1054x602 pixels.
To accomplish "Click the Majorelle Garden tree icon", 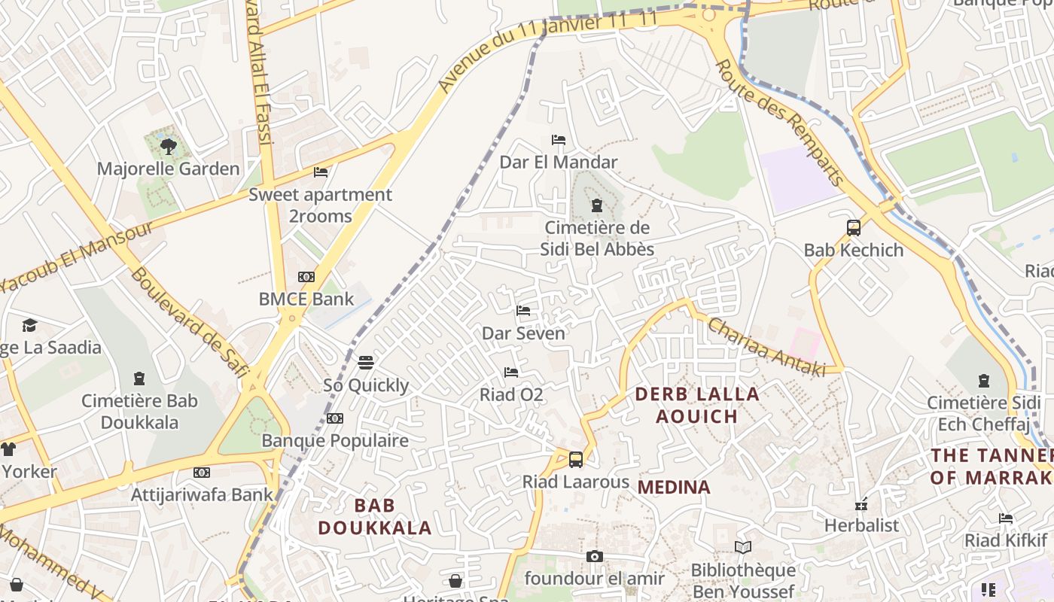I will pos(169,146).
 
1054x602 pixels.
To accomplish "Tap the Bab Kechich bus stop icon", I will pos(853,227).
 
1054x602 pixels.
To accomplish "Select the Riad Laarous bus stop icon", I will pos(576,459).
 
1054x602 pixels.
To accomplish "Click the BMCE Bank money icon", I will pos(306,277).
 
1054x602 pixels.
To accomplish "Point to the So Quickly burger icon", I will pos(366,363).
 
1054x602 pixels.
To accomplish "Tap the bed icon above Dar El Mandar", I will pos(559,140).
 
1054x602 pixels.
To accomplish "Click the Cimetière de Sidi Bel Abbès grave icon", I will pos(597,205).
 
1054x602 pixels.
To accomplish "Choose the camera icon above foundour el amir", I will pos(595,556).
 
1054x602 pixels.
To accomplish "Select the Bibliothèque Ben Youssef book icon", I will pos(743,548).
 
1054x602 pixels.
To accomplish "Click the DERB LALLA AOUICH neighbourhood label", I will pos(697,405).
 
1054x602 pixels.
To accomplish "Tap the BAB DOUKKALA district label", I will pos(374,516).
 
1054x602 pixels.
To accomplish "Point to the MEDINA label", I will pos(674,488).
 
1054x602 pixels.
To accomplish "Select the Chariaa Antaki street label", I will pos(766,346).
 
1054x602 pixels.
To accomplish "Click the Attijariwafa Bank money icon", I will pos(201,473).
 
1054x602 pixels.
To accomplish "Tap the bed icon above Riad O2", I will pos(511,372).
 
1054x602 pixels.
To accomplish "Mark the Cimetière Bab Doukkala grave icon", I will pos(139,378).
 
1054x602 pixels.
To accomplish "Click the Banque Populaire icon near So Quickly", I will pos(335,418).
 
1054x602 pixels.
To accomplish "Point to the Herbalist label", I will pos(862,525).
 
